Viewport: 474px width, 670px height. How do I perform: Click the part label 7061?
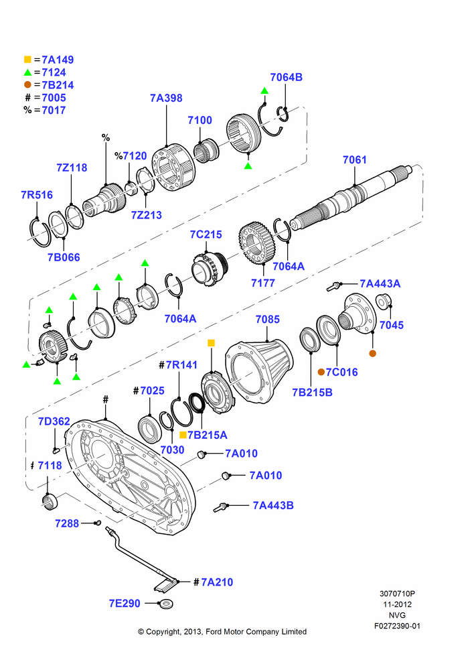click(x=354, y=160)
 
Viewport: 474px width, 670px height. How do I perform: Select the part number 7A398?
click(x=166, y=98)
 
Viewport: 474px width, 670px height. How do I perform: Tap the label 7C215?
click(x=206, y=234)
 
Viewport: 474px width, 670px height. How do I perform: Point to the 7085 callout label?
click(x=267, y=319)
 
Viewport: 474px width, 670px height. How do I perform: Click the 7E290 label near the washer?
click(x=125, y=604)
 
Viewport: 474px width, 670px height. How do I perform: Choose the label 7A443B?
click(x=273, y=505)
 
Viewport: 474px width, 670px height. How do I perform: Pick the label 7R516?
click(x=37, y=195)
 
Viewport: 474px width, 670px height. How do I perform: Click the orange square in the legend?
click(x=27, y=60)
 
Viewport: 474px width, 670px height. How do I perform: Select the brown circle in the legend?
click(x=27, y=85)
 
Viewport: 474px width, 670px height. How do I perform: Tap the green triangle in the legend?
click(x=27, y=72)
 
